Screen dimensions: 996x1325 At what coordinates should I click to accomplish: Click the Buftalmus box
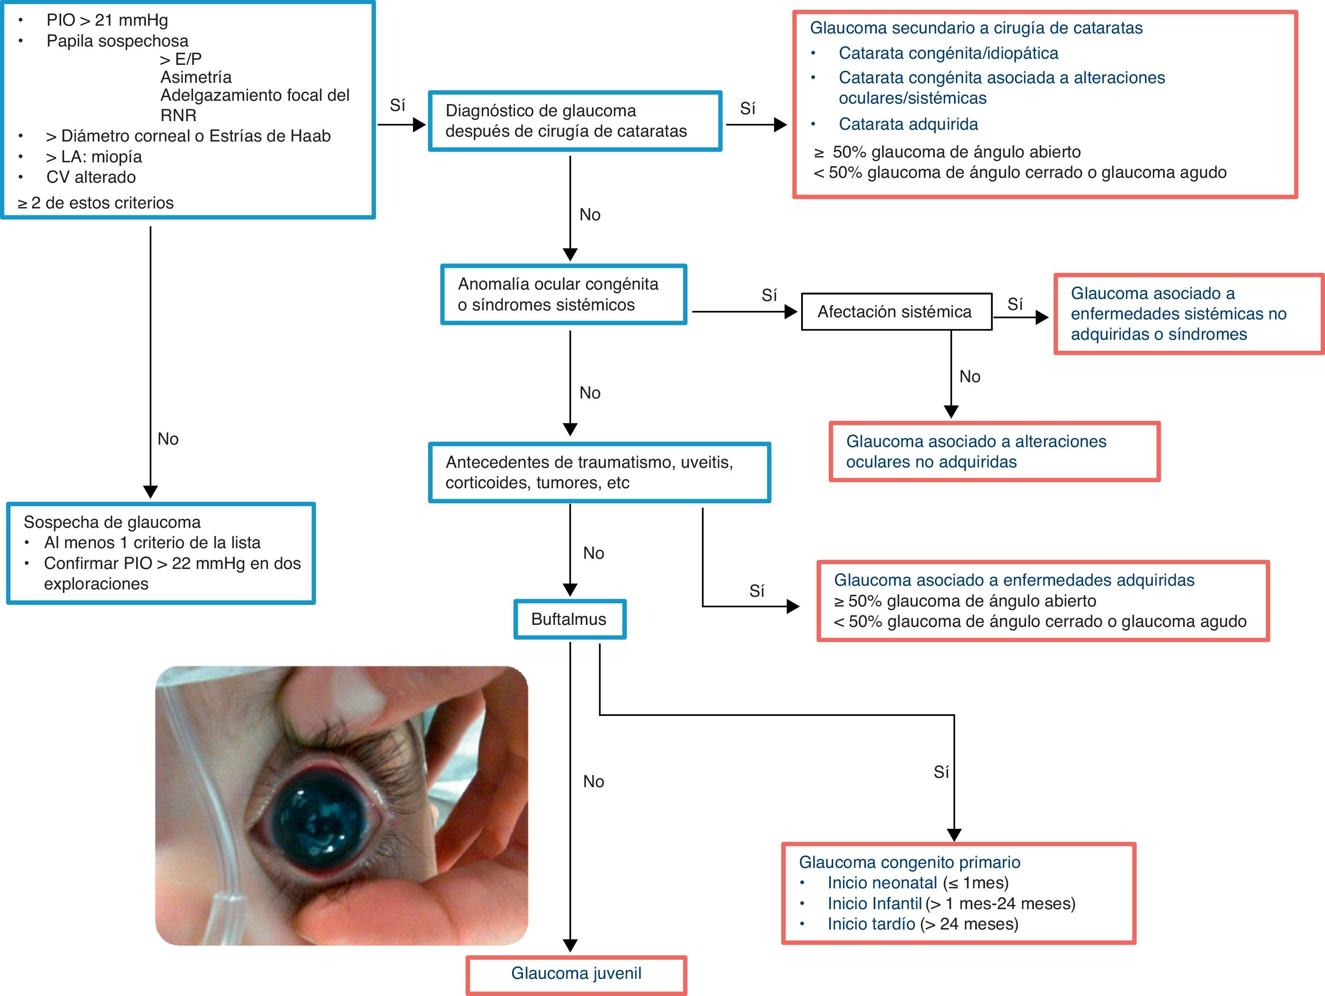click(569, 619)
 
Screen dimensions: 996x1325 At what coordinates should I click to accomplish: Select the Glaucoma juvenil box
click(576, 973)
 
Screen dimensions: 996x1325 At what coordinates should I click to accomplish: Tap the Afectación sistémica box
click(896, 312)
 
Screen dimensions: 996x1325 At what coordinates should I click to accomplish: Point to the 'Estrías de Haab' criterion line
click(188, 136)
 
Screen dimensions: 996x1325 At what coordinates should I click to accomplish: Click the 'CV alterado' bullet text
click(91, 177)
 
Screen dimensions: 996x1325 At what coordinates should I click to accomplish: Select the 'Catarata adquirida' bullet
click(908, 124)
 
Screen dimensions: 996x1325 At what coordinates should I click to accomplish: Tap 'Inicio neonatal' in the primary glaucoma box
click(882, 882)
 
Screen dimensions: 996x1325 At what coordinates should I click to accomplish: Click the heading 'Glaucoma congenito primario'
click(909, 862)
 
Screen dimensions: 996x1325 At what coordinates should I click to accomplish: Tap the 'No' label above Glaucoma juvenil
click(593, 781)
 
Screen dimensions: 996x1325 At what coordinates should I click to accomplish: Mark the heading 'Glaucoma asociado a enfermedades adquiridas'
click(1014, 580)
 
